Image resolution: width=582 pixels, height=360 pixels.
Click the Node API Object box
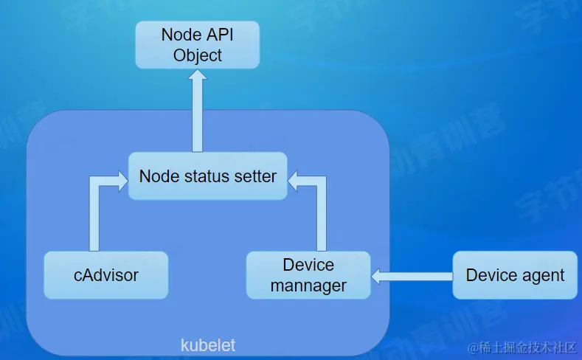[x=197, y=44]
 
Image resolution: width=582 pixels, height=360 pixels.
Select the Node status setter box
[x=207, y=176]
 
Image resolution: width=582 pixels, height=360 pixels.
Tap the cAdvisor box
[x=106, y=275]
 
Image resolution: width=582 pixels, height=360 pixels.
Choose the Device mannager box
[x=308, y=275]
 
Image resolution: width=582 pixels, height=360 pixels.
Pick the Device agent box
[x=515, y=275]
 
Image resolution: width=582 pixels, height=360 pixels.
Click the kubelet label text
[x=208, y=345]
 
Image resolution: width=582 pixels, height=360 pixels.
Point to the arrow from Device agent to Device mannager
[x=413, y=276]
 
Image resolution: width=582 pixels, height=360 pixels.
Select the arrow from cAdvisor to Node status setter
[x=94, y=214]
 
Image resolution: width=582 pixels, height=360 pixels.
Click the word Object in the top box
[x=197, y=55]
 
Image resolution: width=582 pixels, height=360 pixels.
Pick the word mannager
[x=308, y=285]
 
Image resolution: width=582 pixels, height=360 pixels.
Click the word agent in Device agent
[x=541, y=275]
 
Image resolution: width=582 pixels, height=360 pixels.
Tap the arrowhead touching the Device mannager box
[x=378, y=276]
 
